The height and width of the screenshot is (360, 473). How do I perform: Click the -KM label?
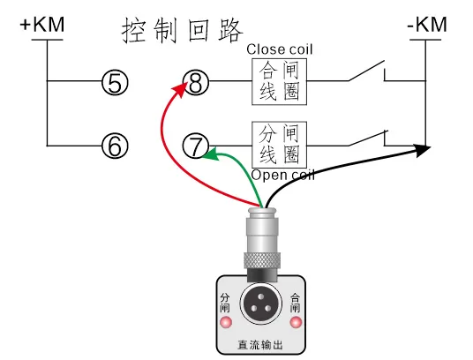(426, 25)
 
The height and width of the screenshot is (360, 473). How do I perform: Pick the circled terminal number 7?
(197, 145)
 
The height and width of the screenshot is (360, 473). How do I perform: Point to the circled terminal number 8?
(197, 84)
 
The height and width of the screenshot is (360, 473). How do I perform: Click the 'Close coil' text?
(280, 49)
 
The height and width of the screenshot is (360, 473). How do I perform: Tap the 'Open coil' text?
(283, 175)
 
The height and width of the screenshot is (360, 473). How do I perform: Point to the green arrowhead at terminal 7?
(209, 155)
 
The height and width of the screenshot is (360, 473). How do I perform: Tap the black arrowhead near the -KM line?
(421, 151)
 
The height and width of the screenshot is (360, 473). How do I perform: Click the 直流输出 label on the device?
(260, 345)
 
